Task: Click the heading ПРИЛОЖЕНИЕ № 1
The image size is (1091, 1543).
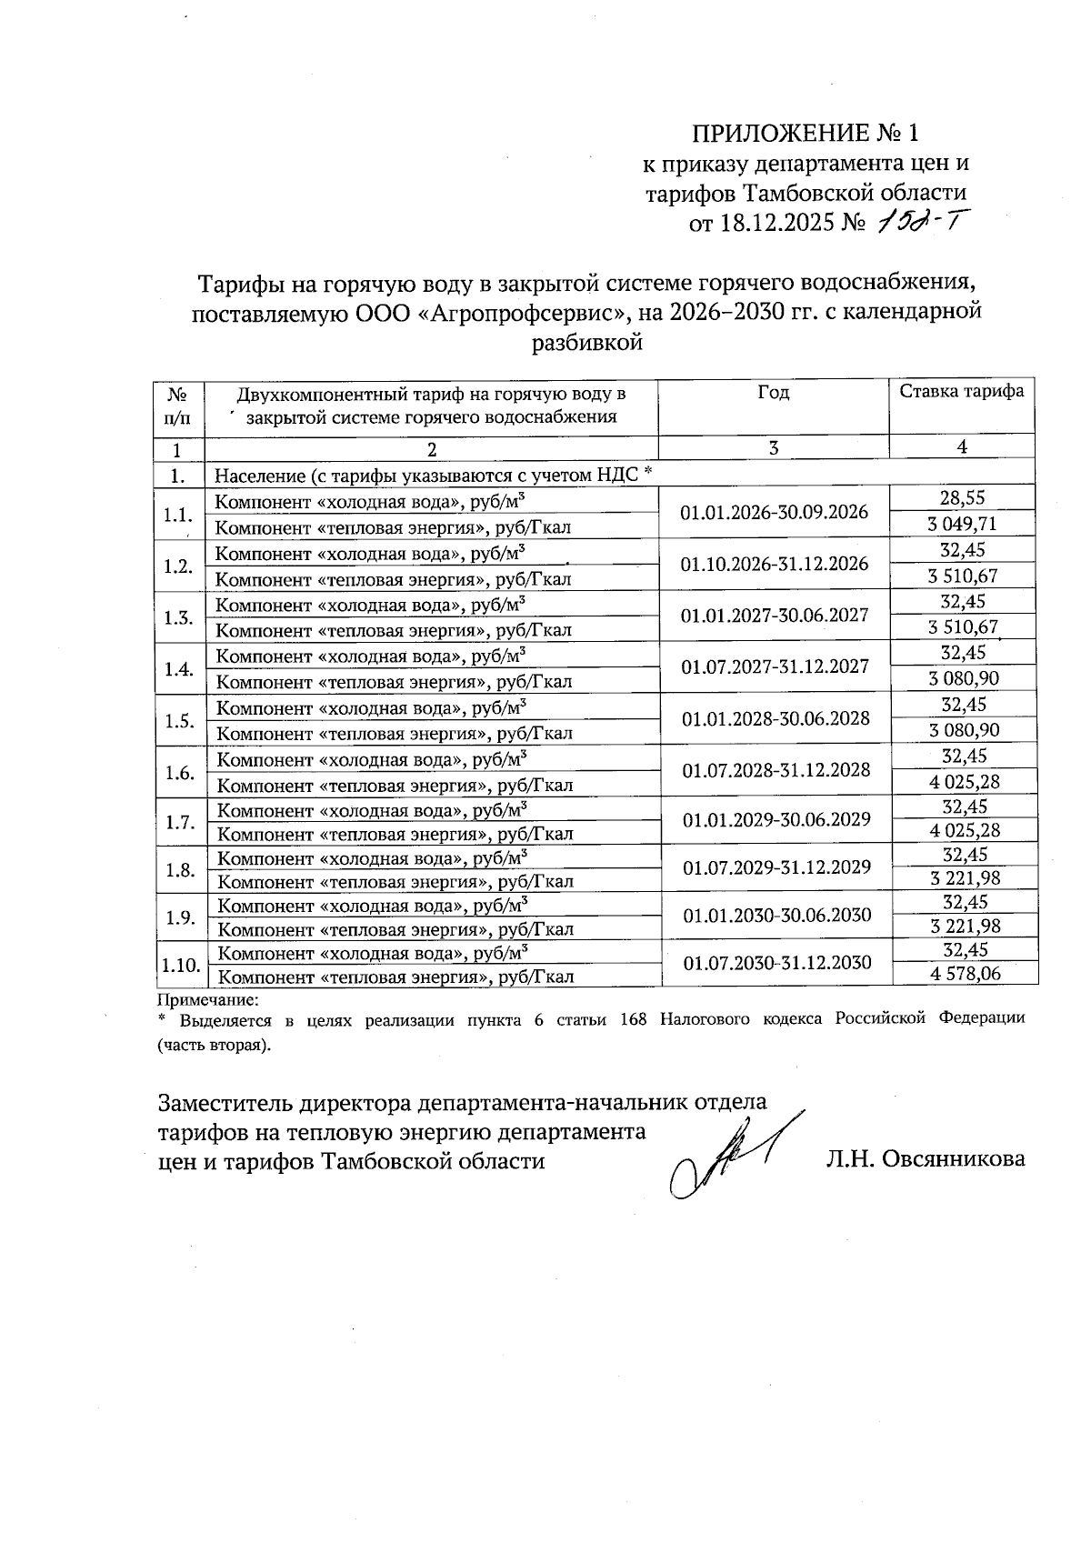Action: tap(806, 134)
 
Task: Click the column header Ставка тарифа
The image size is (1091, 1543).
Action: tap(962, 392)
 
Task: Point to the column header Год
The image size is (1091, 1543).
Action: tap(773, 393)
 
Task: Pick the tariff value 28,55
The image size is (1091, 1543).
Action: tap(963, 497)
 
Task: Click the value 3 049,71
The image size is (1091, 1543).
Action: tap(963, 524)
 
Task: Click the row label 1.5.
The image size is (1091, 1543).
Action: tap(179, 721)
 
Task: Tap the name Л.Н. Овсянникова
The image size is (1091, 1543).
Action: tap(926, 1159)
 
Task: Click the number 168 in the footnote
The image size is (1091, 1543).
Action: tap(632, 1019)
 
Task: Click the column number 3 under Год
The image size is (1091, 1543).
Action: tap(773, 447)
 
